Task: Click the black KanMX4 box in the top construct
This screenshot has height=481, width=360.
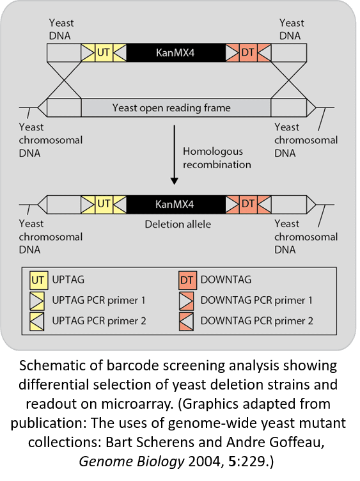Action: (176, 52)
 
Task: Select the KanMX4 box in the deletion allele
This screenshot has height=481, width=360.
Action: (176, 204)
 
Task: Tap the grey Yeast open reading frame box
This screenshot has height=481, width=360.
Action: (176, 107)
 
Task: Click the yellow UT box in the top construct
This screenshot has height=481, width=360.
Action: (104, 52)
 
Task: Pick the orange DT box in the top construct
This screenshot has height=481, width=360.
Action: (248, 52)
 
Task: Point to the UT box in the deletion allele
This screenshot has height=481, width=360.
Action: (104, 204)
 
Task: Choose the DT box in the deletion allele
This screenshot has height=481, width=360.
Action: (248, 204)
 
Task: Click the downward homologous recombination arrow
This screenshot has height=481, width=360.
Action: (174, 155)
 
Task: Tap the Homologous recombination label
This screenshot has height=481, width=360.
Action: (217, 158)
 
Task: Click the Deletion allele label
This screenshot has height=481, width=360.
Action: (178, 225)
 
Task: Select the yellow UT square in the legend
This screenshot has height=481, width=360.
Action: (38, 280)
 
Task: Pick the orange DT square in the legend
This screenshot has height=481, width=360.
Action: (187, 280)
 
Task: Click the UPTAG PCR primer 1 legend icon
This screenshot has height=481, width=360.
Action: (37, 301)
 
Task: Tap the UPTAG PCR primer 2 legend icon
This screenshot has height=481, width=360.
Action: (37, 322)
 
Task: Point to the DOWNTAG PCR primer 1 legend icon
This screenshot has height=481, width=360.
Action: (187, 301)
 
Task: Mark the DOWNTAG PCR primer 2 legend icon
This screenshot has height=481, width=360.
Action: (187, 322)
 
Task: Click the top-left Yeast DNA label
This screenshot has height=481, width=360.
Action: (61, 29)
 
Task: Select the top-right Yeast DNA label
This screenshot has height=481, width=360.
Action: (292, 29)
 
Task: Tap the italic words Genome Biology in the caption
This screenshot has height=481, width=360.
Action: (132, 462)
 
